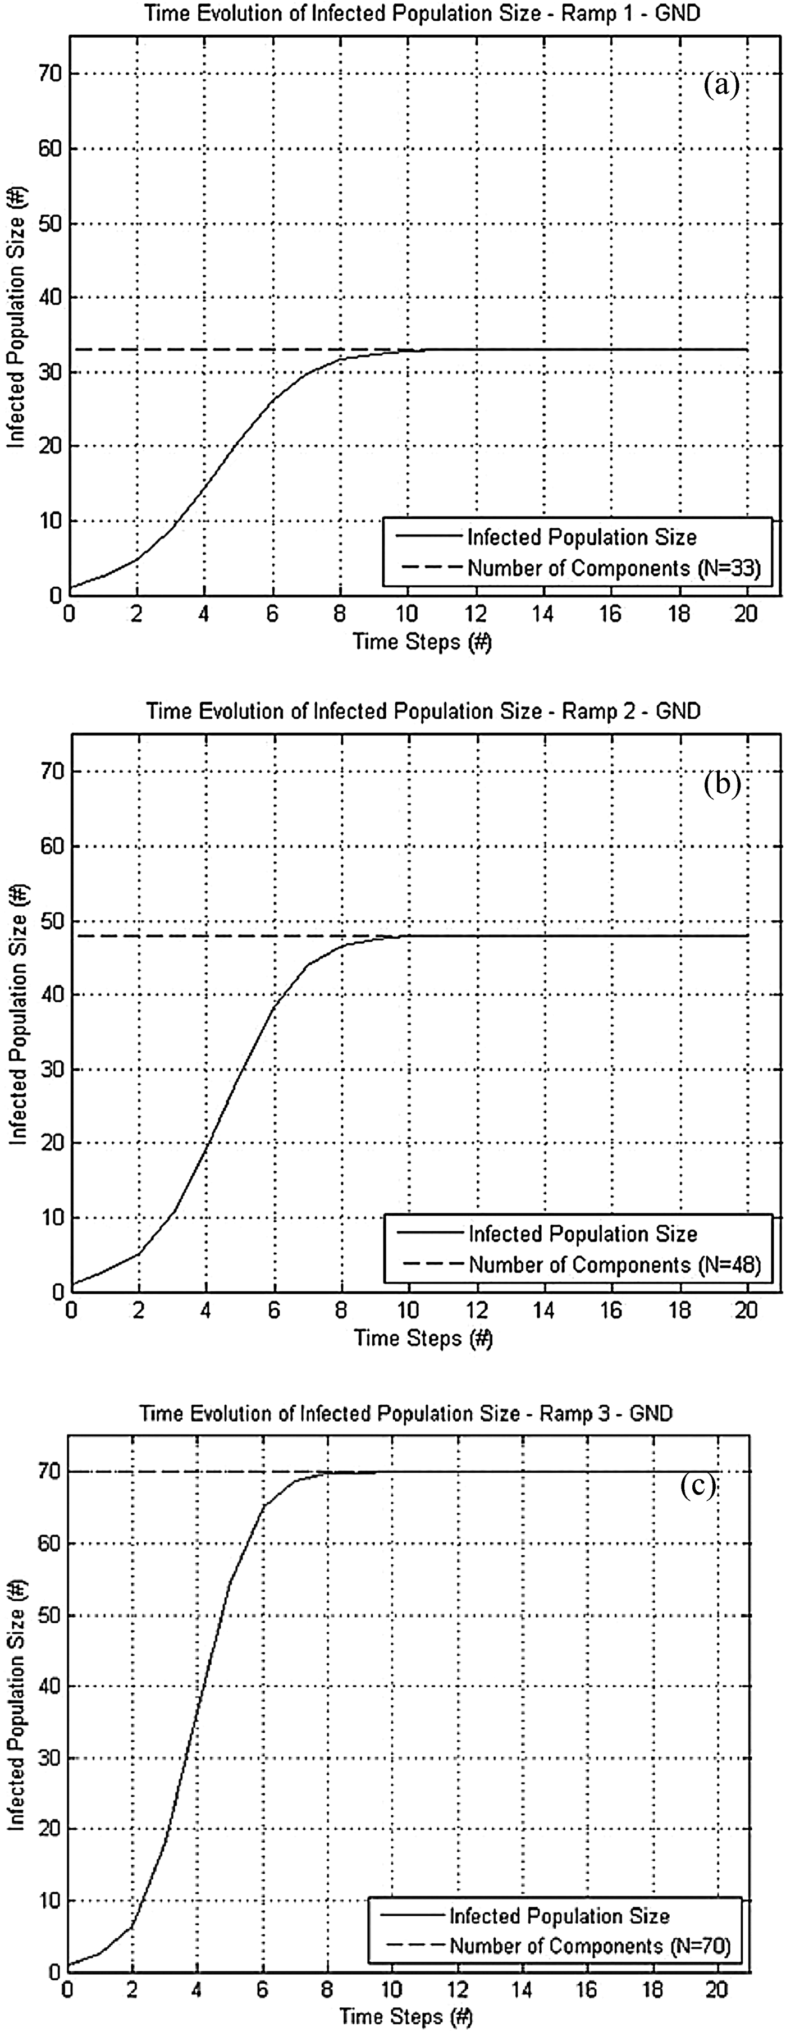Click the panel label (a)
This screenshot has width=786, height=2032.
click(721, 84)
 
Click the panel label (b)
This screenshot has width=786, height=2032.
click(721, 783)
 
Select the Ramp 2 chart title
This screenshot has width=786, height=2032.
click(423, 711)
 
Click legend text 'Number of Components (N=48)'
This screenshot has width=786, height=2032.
click(614, 1264)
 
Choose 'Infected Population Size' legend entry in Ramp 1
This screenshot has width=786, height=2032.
click(582, 537)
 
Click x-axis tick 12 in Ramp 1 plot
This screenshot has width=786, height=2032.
click(476, 613)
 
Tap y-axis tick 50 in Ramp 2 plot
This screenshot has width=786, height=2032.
click(51, 921)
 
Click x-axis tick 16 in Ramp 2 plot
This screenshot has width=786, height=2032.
click(611, 1310)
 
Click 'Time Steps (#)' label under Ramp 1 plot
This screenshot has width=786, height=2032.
click(422, 641)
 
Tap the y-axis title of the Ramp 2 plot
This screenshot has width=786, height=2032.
click(17, 1013)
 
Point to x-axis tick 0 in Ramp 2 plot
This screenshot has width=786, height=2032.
click(71, 1310)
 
